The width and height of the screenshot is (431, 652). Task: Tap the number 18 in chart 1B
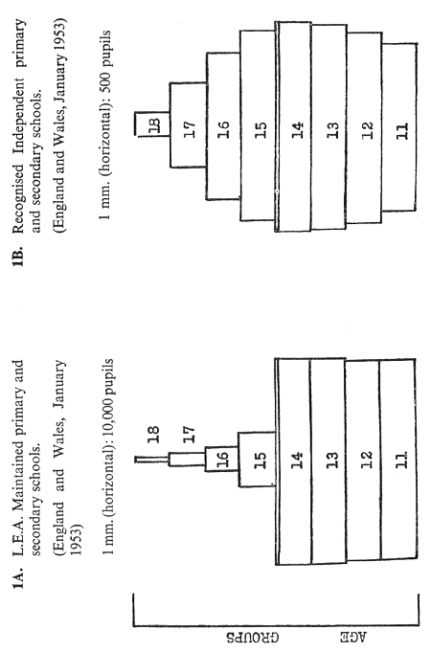point(153,125)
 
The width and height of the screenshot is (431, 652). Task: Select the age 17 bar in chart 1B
point(189,125)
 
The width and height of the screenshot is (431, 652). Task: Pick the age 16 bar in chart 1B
point(223,126)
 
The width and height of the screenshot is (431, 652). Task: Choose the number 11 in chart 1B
point(402,130)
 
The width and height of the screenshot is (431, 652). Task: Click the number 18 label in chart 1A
point(153,434)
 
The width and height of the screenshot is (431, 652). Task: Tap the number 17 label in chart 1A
point(188,434)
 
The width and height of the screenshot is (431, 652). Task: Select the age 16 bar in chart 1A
point(222,459)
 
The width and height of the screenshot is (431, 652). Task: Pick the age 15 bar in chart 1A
point(257,460)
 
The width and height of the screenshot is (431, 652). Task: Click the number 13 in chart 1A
point(332,460)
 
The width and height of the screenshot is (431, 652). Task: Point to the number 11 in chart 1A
point(401,460)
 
